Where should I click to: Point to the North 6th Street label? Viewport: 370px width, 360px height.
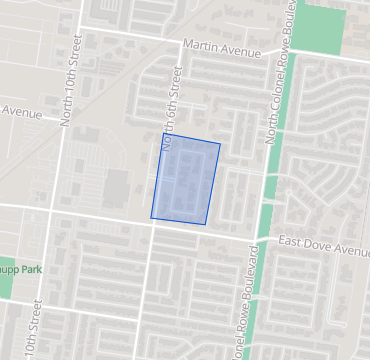click(171, 107)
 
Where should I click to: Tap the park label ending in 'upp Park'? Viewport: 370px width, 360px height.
click(21, 270)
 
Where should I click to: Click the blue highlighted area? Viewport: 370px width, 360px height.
click(186, 182)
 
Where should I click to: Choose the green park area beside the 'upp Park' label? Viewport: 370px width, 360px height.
click(6, 285)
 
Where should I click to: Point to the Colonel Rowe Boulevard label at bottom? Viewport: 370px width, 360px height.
click(240, 310)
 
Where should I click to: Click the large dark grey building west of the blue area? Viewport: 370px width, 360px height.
click(117, 187)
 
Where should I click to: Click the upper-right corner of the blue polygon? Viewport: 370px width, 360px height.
click(220, 144)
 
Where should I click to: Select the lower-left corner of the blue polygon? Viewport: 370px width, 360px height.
click(151, 217)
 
